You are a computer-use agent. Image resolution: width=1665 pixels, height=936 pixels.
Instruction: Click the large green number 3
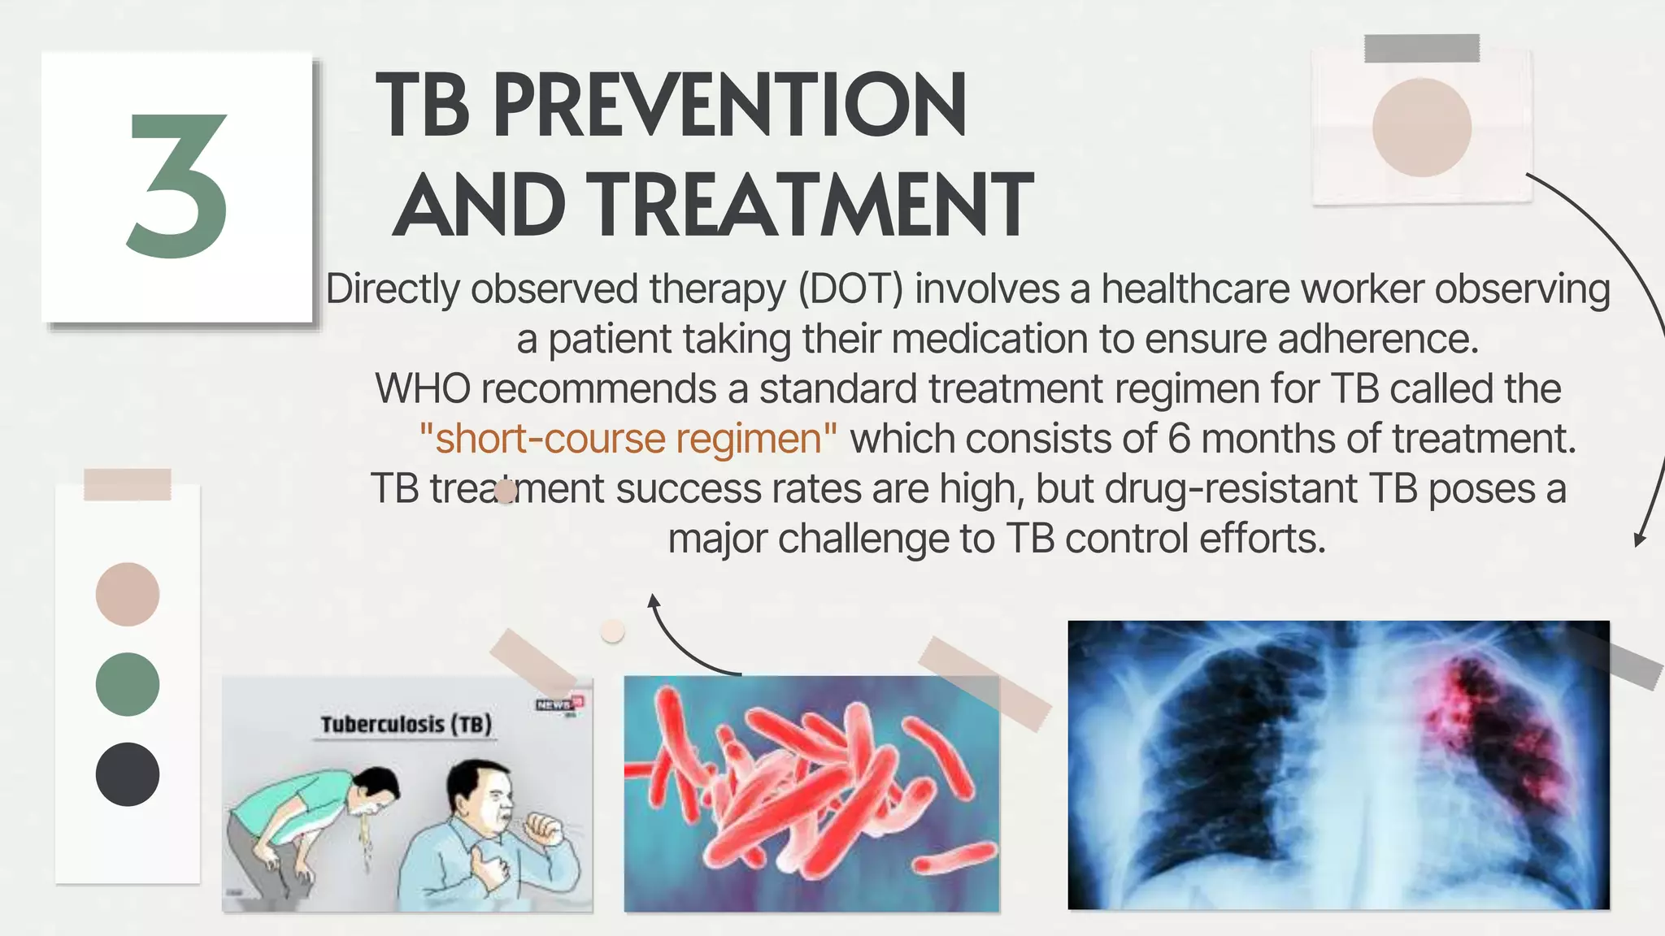tap(177, 187)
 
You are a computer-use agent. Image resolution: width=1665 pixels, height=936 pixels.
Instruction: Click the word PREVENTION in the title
tap(729, 106)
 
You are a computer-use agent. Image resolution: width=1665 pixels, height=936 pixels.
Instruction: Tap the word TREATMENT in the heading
tap(811, 206)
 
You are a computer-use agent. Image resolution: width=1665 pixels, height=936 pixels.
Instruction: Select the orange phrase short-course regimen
tap(628, 440)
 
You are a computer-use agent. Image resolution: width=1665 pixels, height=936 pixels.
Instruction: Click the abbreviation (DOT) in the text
tap(850, 289)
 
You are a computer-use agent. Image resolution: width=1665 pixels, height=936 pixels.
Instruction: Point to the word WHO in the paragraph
tap(422, 389)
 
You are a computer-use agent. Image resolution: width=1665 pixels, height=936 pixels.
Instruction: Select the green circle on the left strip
tap(128, 684)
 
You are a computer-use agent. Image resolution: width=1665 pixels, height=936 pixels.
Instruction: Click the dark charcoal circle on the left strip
tap(128, 774)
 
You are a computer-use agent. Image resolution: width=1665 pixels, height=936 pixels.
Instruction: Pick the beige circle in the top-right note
tap(1421, 128)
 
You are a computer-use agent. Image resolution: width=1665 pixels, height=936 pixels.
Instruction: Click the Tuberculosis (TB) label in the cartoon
tap(406, 724)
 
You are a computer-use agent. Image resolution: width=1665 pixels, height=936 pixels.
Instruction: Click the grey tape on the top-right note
tap(1421, 49)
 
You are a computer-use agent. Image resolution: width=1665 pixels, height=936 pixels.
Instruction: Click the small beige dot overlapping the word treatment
tap(506, 492)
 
